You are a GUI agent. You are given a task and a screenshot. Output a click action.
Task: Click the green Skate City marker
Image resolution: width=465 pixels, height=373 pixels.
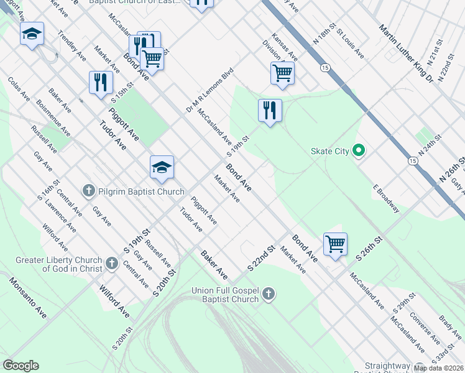(358, 150)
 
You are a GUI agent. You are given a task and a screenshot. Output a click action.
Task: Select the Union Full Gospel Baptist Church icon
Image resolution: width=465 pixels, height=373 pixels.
(268, 293)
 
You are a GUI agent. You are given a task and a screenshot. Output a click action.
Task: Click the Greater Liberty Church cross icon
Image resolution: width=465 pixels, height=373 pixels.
(112, 263)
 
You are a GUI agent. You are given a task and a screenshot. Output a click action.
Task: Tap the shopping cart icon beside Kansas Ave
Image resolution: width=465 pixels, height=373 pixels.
(282, 73)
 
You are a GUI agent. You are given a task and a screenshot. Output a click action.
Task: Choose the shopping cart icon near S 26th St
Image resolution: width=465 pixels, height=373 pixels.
(335, 243)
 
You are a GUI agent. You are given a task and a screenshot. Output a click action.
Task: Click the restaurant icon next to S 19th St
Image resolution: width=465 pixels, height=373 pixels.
(270, 111)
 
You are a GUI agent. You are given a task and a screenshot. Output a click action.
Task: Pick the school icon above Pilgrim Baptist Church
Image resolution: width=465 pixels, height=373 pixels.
(162, 167)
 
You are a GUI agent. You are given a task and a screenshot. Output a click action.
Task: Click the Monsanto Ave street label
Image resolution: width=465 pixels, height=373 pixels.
(27, 297)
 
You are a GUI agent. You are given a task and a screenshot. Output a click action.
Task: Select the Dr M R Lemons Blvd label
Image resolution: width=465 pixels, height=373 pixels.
(209, 90)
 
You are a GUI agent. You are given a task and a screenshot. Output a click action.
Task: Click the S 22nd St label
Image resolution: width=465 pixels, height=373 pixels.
(261, 258)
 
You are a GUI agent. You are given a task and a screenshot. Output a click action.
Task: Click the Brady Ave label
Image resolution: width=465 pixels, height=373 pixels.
(449, 328)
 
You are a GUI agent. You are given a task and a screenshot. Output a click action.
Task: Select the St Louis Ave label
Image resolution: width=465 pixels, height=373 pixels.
(351, 43)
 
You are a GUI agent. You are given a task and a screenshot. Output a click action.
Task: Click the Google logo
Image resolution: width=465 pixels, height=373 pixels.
(21, 365)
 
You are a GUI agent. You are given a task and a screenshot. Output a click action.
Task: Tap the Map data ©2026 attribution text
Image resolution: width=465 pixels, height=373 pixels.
(438, 368)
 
